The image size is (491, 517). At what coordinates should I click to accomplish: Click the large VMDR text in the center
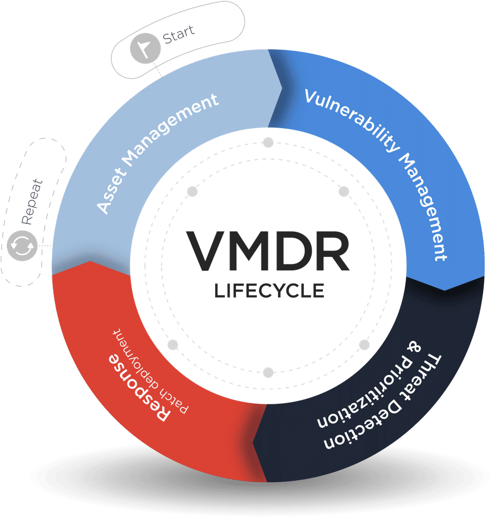pyautogui.click(x=268, y=250)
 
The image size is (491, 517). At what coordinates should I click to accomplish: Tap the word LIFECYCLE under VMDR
pyautogui.click(x=269, y=291)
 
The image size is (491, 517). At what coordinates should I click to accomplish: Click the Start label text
pyautogui.click(x=178, y=34)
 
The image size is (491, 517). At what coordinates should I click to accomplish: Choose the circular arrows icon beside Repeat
pyautogui.click(x=23, y=246)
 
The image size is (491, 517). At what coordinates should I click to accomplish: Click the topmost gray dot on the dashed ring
pyautogui.click(x=268, y=143)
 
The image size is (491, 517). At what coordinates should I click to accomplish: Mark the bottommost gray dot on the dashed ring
pyautogui.click(x=268, y=372)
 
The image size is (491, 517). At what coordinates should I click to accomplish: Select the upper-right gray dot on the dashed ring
pyautogui.click(x=344, y=191)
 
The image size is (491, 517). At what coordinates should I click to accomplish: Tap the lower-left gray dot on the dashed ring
pyautogui.click(x=172, y=344)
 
